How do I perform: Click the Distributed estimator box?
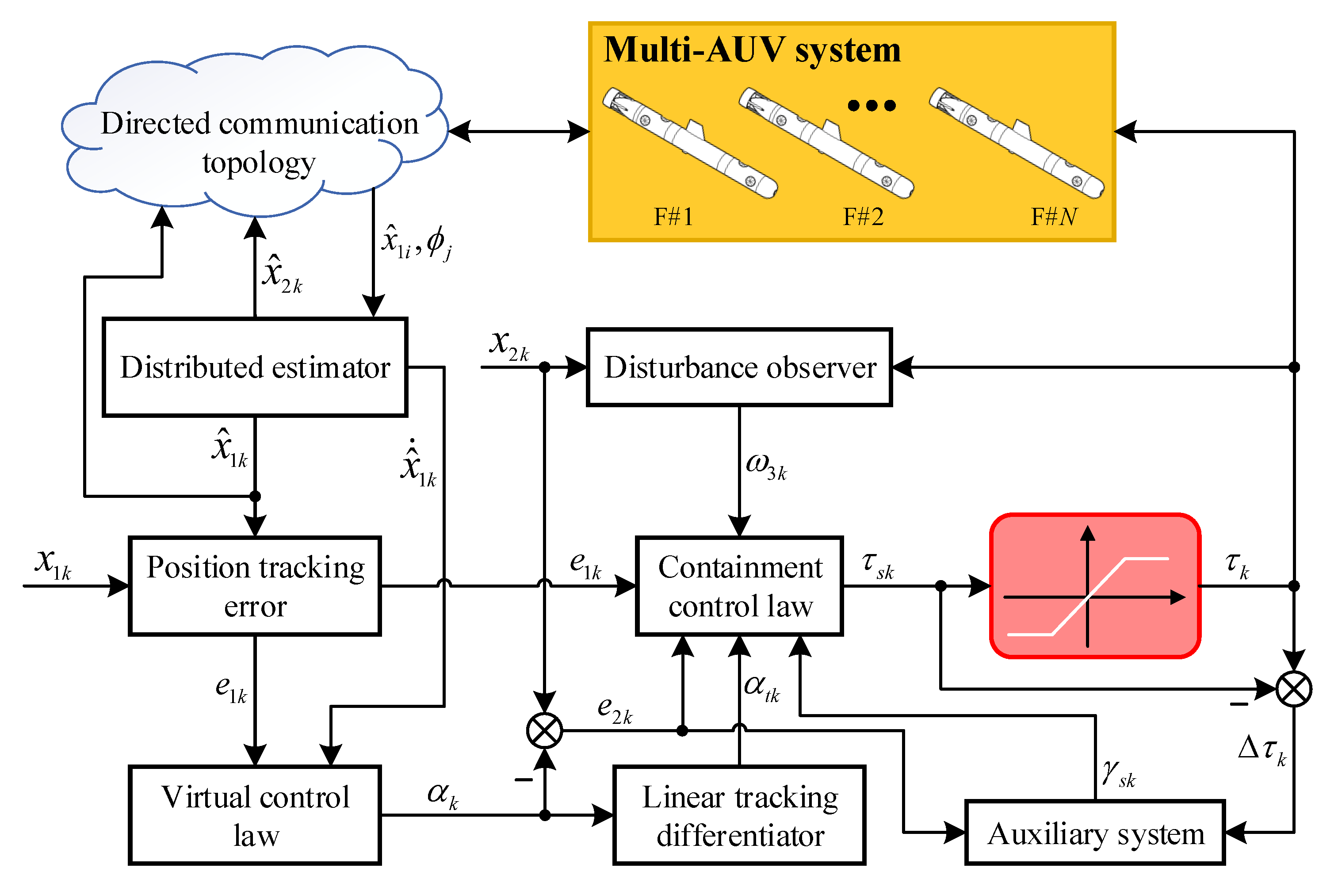(x=255, y=367)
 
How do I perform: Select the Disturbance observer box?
(x=739, y=367)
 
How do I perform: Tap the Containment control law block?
(x=739, y=586)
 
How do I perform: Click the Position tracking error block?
(x=255, y=586)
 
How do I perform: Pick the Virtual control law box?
(x=255, y=815)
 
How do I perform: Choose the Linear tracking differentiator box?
(x=739, y=815)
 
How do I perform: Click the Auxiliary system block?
(x=1095, y=832)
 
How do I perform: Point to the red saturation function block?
(x=1095, y=586)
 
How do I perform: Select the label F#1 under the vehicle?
(x=673, y=217)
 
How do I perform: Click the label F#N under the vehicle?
(x=1053, y=217)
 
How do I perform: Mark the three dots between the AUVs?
(x=871, y=105)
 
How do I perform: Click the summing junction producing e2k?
(x=544, y=730)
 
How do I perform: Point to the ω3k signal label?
(x=766, y=466)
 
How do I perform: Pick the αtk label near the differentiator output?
(x=761, y=688)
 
